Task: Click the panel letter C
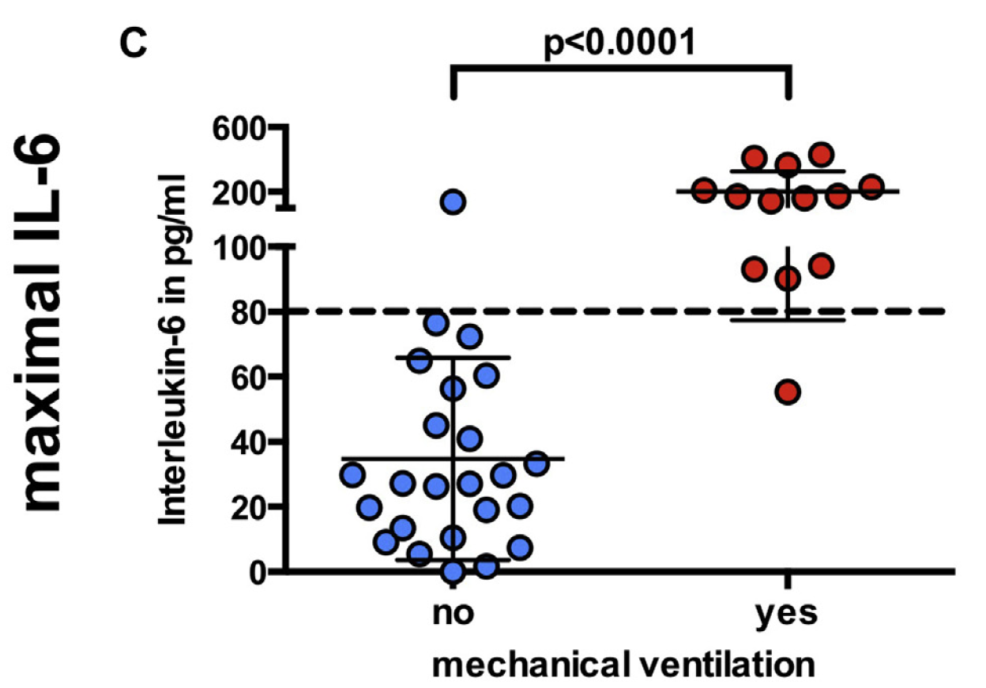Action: [133, 44]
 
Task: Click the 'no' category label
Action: [453, 613]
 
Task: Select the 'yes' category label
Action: [787, 615]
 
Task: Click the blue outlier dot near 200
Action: [453, 202]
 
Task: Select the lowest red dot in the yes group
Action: [788, 392]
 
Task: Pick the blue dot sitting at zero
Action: [453, 571]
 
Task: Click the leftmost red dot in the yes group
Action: [704, 190]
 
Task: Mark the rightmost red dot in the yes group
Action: [871, 187]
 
